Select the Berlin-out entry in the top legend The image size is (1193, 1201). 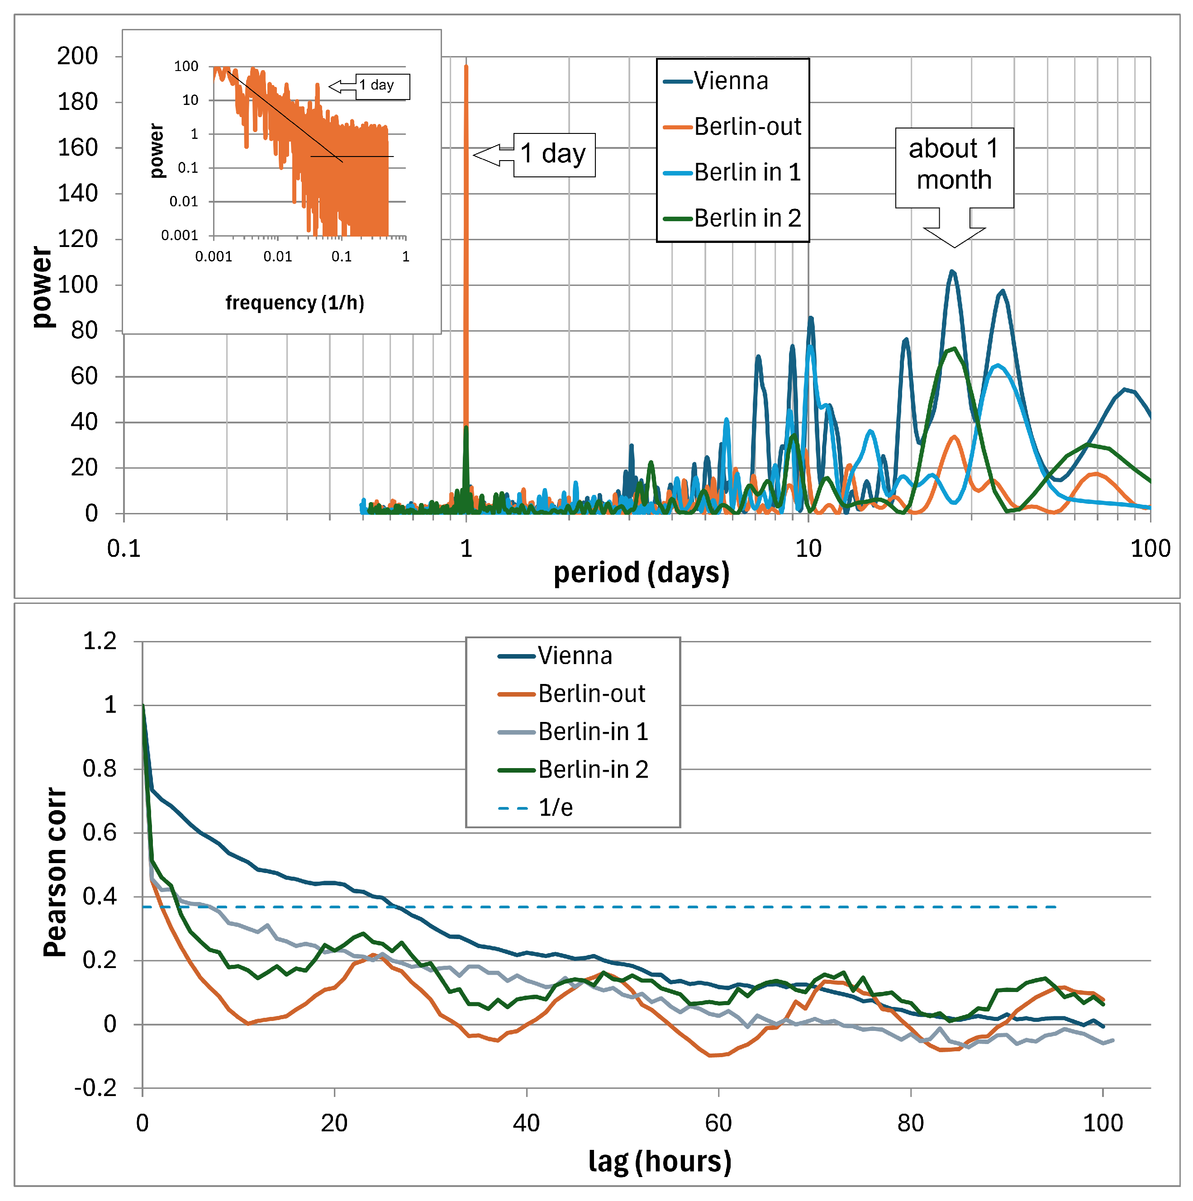[x=746, y=127]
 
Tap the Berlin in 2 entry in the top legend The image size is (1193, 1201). [x=746, y=218]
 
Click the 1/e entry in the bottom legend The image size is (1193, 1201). [x=555, y=807]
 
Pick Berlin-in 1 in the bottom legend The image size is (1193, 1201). [x=593, y=731]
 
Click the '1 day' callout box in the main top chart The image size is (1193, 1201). [x=554, y=154]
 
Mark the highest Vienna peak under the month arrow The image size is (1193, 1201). [x=952, y=272]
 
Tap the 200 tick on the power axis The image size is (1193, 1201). [x=78, y=56]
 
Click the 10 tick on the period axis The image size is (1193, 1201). [x=808, y=548]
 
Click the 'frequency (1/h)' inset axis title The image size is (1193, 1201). [x=295, y=303]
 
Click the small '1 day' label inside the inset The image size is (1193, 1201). [x=377, y=85]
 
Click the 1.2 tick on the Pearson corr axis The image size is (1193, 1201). [x=100, y=641]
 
